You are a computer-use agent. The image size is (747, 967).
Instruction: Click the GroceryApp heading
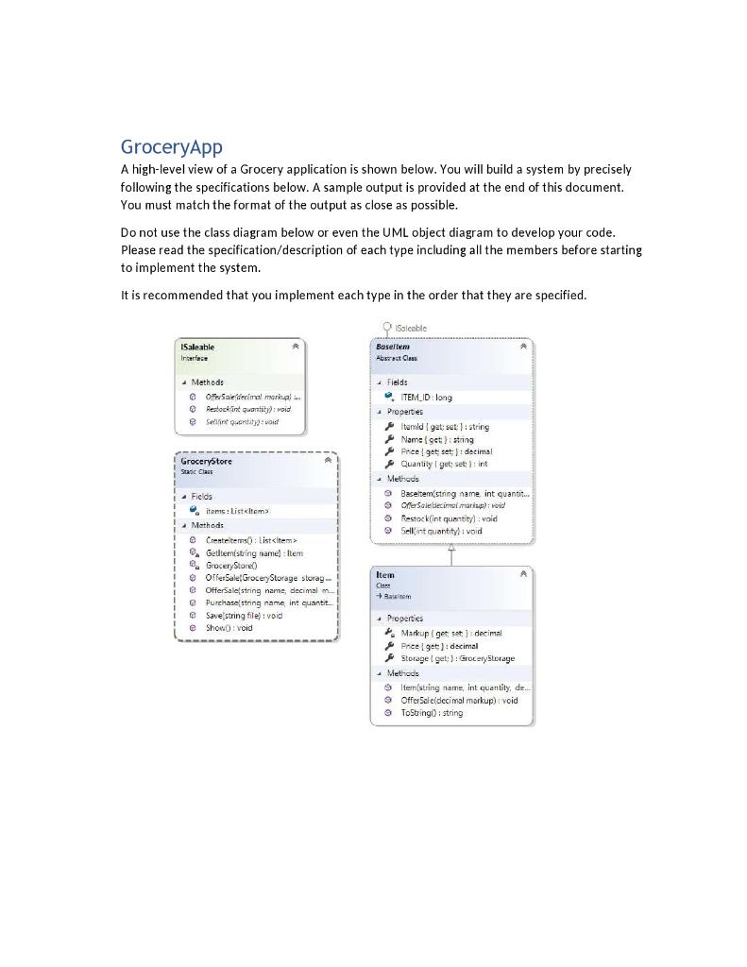click(x=171, y=147)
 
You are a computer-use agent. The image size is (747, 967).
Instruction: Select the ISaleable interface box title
click(x=197, y=347)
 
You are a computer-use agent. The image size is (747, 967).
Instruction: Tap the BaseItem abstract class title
click(x=393, y=347)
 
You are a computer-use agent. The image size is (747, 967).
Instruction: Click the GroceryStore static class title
click(x=206, y=461)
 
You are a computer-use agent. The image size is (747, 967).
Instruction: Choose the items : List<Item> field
click(x=237, y=511)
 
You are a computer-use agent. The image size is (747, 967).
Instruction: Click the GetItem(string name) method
click(x=253, y=552)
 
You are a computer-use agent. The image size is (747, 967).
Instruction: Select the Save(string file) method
click(x=243, y=615)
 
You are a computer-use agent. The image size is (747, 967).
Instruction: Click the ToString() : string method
click(x=432, y=713)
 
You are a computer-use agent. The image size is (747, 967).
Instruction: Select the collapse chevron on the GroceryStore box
click(x=328, y=461)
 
